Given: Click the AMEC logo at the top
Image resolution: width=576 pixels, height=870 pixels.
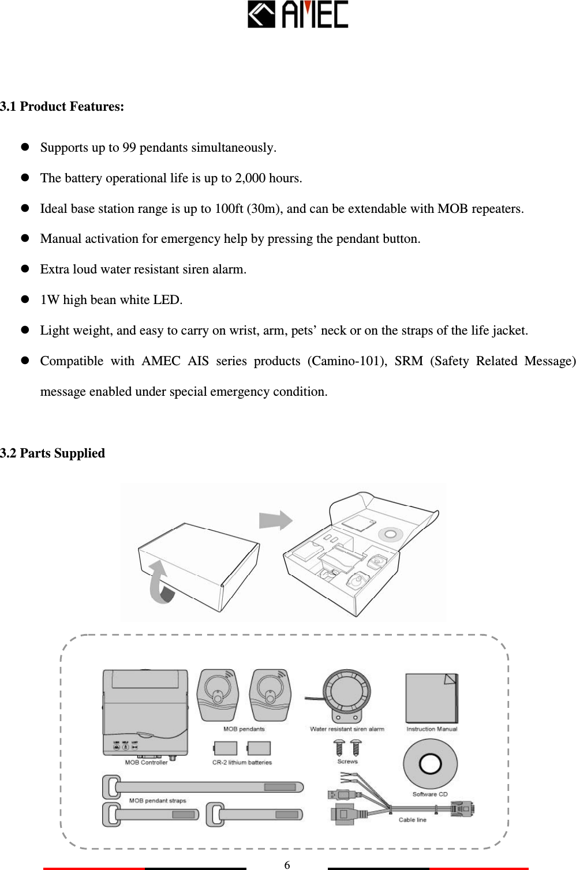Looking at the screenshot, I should (297, 15).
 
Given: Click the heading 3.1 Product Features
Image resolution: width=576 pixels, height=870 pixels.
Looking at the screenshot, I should (62, 107).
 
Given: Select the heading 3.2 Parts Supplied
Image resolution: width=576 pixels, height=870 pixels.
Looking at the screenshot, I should (53, 453).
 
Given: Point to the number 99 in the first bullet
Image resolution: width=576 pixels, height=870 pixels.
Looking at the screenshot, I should (129, 148).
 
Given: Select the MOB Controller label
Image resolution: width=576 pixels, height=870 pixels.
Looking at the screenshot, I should (146, 762).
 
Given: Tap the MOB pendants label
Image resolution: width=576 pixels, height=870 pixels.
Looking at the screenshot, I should (244, 729).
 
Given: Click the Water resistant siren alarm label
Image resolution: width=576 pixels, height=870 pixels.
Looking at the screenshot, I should (347, 729).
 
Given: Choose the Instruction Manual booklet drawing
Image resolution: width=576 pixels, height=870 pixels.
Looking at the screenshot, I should (432, 698).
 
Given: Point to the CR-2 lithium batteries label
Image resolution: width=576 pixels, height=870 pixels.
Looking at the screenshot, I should (242, 762).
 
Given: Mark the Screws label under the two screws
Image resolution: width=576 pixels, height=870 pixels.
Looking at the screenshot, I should (347, 761).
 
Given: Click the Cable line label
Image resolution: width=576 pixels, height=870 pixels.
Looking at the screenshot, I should (413, 819).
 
